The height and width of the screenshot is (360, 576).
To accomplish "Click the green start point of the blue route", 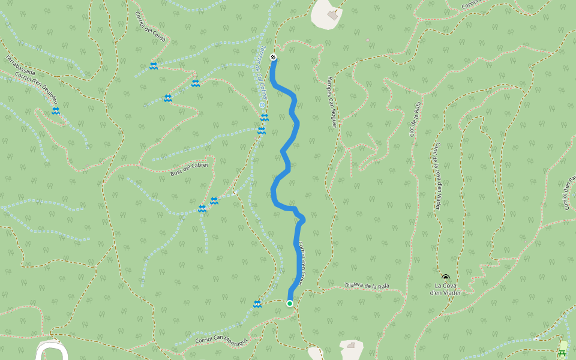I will pyautogui.click(x=290, y=304).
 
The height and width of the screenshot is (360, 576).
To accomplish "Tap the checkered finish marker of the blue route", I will pyautogui.click(x=273, y=58).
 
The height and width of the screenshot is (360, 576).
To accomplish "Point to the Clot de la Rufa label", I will pyautogui.click(x=414, y=118).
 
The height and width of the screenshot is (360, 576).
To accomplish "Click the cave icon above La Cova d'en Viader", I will pyautogui.click(x=445, y=278).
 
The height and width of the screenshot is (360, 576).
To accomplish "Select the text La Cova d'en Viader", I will pyautogui.click(x=445, y=289).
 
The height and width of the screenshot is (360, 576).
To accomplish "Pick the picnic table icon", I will pyautogui.click(x=562, y=352).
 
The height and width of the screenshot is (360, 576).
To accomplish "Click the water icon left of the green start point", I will pyautogui.click(x=257, y=304).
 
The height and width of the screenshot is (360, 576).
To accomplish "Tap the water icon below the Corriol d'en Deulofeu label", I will pyautogui.click(x=55, y=112).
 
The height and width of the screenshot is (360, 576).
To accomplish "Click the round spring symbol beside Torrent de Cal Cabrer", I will pyautogui.click(x=262, y=105).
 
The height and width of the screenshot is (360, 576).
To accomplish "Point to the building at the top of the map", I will pyautogui.click(x=332, y=15).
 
